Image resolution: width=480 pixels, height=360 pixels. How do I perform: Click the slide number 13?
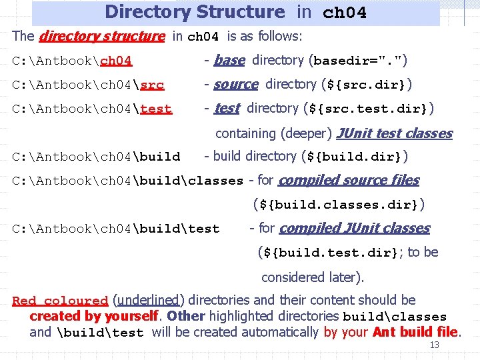tap(434, 345)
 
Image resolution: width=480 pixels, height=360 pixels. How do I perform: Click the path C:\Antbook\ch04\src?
tap(89, 85)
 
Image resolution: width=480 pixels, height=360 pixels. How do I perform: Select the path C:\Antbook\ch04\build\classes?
tap(128, 181)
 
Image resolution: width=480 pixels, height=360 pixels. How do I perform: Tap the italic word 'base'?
tap(229, 61)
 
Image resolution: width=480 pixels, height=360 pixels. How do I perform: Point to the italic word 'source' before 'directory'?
tap(235, 85)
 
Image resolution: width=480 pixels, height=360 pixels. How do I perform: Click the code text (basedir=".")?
tap(358, 61)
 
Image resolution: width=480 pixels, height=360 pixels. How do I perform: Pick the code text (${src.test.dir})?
tap(368, 109)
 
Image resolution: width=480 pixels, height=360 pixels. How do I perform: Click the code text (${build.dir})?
tap(355, 157)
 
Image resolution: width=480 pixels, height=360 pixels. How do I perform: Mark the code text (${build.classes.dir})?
tap(339, 204)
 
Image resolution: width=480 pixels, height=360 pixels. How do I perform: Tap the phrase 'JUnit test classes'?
tap(394, 133)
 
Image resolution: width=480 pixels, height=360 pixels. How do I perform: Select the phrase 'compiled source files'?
tap(349, 180)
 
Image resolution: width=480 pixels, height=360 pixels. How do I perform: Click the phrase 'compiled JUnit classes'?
tap(355, 228)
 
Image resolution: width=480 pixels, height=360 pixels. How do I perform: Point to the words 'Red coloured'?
tap(60, 301)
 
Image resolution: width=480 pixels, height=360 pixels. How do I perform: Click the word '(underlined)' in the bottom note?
tap(147, 300)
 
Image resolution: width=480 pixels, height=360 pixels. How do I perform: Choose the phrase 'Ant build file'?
tap(415, 331)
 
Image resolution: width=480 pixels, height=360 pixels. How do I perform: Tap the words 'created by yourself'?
tap(94, 316)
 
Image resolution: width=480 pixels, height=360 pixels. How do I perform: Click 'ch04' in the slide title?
tap(344, 13)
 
